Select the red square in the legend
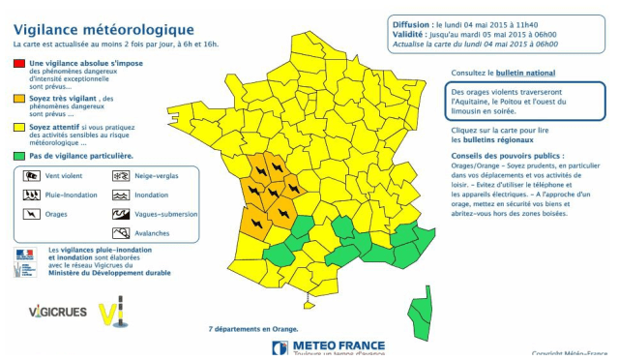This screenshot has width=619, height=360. coord(19,63)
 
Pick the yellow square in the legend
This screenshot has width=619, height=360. coord(19,125)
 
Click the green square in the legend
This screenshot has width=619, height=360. coord(19,155)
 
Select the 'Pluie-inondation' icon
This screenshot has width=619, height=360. coord(31,195)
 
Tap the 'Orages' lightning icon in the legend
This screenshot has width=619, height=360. coord(31,214)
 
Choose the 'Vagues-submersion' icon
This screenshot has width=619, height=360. coord(121,214)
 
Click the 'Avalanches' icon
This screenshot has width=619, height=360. coord(121,233)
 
